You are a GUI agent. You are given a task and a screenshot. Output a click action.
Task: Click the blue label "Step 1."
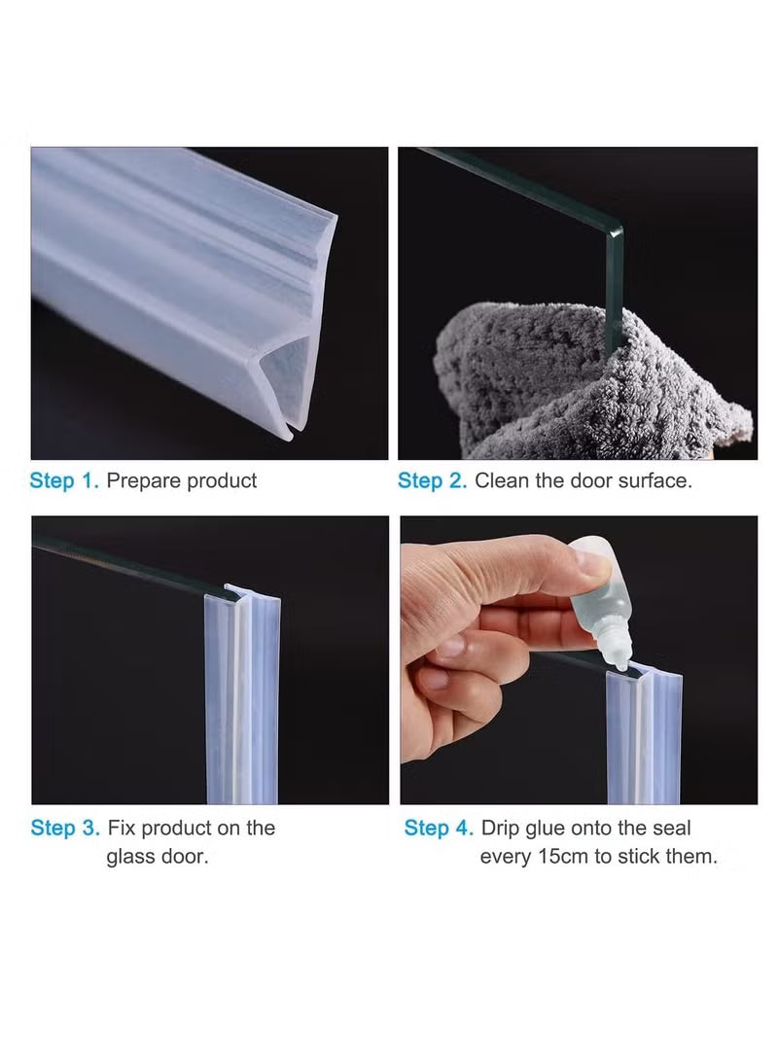pyautogui.click(x=64, y=480)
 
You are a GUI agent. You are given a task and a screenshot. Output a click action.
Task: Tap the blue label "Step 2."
pyautogui.click(x=433, y=480)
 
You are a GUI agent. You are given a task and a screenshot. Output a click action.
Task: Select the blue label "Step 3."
pyautogui.click(x=65, y=829)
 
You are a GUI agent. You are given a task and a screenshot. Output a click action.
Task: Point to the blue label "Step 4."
pyautogui.click(x=439, y=829)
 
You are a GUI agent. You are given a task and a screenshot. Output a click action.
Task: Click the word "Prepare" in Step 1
pyautogui.click(x=144, y=480)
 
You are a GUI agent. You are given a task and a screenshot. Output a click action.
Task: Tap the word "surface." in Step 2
pyautogui.click(x=655, y=480)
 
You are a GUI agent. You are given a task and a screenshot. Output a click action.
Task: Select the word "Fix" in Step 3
pyautogui.click(x=123, y=829)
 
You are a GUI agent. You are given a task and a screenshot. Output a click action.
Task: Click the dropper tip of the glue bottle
pyautogui.click(x=617, y=659)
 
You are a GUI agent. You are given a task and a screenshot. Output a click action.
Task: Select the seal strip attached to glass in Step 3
pyautogui.click(x=243, y=700)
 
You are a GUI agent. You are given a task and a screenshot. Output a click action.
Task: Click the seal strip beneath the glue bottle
pyautogui.click(x=644, y=739)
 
